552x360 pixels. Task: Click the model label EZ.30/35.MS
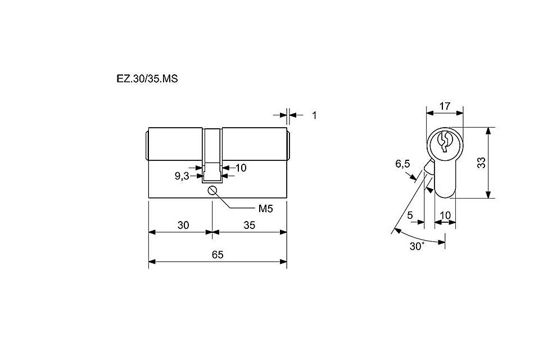147,79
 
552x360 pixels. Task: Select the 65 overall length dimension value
218,254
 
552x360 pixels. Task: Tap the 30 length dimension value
183,225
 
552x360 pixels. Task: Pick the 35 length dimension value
249,225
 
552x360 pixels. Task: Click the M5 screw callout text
265,209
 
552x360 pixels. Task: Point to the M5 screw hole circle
212,190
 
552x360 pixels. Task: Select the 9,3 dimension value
182,176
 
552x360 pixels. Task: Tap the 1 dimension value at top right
314,115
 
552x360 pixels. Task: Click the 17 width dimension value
445,106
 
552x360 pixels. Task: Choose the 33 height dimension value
481,163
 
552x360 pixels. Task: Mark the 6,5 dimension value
402,164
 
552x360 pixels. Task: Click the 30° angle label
417,246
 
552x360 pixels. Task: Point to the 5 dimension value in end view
410,215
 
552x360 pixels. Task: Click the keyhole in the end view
444,142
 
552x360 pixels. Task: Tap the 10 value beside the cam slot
241,168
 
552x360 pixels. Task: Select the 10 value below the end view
445,215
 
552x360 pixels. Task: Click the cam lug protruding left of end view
429,166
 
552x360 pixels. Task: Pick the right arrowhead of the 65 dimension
283,262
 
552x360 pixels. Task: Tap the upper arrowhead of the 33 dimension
488,131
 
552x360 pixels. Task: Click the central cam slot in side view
212,155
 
